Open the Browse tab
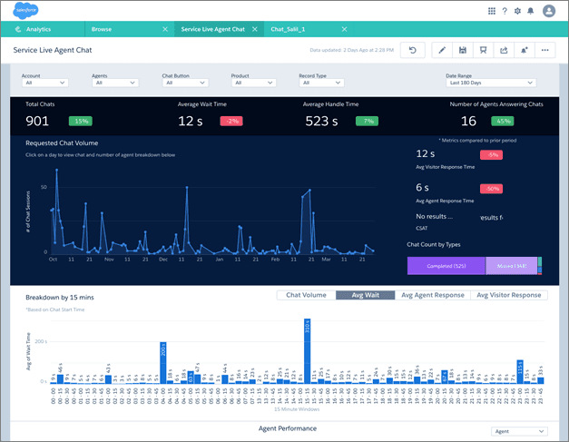point(102,29)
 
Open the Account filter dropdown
point(45,83)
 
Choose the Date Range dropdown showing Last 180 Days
point(496,83)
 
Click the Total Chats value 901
point(38,121)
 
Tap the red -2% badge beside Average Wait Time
point(232,121)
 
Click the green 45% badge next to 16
point(502,121)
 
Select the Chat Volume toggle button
point(306,295)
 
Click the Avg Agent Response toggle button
point(433,295)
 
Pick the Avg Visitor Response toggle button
point(508,295)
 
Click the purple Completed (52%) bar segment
point(446,265)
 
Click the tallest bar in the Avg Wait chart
point(307,349)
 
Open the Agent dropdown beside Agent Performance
point(518,432)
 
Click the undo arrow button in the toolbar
point(412,50)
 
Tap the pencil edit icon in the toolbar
point(442,50)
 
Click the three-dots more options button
point(545,50)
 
